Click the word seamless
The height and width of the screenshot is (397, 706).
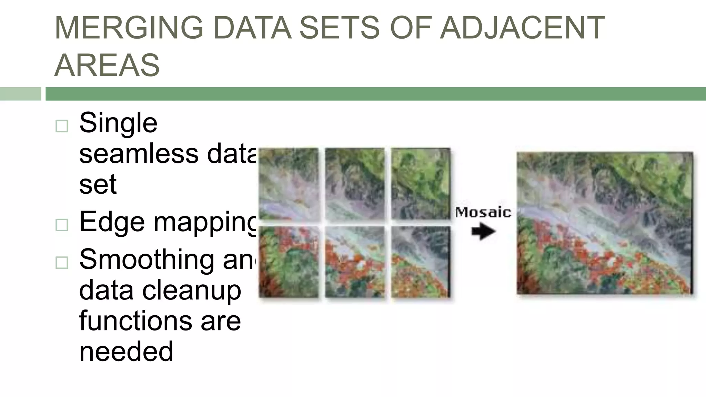point(139,154)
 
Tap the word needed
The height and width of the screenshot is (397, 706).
point(126,352)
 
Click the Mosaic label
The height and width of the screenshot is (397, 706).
point(483,212)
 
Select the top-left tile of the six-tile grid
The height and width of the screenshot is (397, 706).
point(289,183)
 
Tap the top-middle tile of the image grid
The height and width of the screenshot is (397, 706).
point(355,183)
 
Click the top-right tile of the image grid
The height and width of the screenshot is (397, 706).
point(421,183)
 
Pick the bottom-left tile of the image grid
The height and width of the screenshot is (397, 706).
point(289,262)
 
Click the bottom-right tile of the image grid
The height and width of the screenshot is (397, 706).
point(421,262)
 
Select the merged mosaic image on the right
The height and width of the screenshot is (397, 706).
point(605,223)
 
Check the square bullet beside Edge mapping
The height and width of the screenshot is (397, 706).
point(62,225)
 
